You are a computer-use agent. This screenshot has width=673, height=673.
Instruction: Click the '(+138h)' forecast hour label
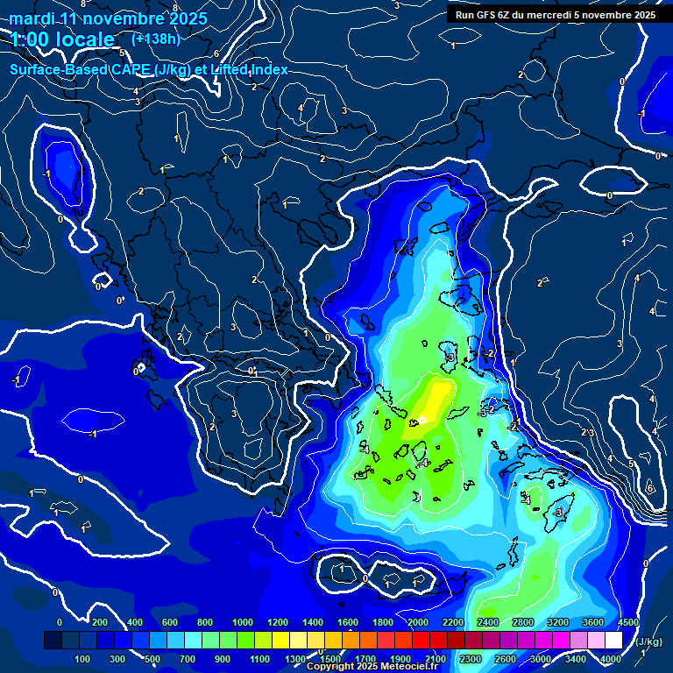pos(156,39)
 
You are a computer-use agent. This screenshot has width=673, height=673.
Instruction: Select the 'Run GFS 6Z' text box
pos(554,14)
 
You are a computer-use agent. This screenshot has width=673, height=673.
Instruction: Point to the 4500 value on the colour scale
pos(627,622)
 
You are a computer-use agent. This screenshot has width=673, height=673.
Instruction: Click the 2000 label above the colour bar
pos(417,622)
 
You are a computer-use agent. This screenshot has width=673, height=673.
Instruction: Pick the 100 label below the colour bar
pos(83,659)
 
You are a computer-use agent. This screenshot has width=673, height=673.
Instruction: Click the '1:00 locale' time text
pos(62,39)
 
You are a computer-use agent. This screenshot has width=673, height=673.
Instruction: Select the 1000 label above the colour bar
pos(243,622)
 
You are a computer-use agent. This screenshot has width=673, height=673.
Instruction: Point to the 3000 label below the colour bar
pos(540,659)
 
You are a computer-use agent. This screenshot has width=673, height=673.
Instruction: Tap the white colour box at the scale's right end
pos(628,641)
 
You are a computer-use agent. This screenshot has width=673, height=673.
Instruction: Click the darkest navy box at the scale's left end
pos(53,641)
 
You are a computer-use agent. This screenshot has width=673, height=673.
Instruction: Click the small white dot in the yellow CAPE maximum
pos(422,420)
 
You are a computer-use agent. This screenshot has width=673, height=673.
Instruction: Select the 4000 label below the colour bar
pos(611,659)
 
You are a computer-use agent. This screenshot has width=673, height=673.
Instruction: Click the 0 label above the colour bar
pos(60,622)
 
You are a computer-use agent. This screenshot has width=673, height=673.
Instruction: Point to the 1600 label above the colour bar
pos(347,622)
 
